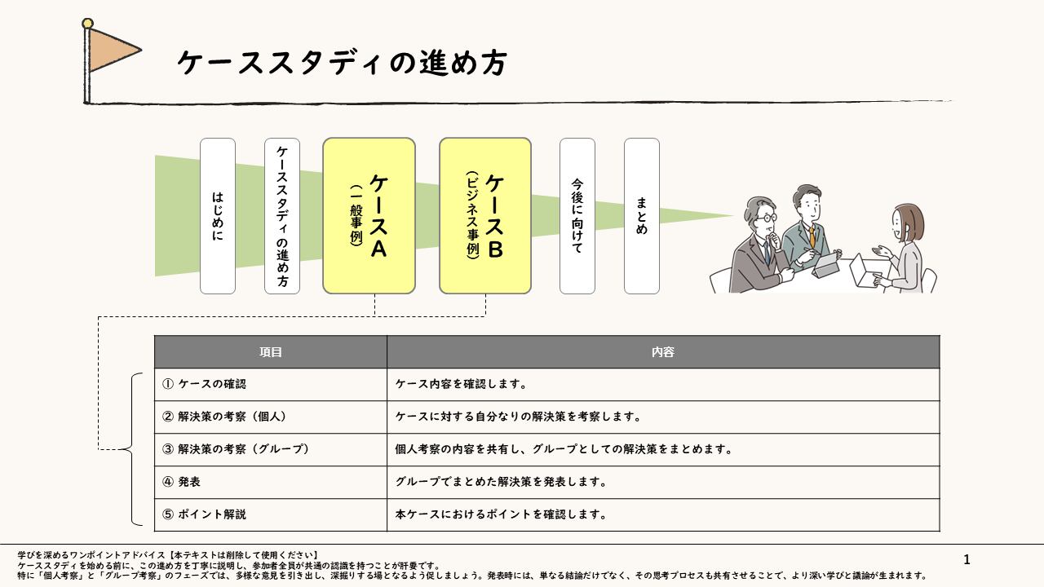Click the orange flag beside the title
(x=112, y=49)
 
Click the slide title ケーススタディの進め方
(x=341, y=63)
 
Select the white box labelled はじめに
(x=218, y=216)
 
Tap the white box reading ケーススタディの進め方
(x=282, y=216)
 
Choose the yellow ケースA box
(x=369, y=216)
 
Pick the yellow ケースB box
(x=485, y=216)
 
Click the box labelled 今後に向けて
(x=577, y=216)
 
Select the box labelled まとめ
(x=642, y=216)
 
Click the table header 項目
(x=271, y=352)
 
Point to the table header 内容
(x=663, y=352)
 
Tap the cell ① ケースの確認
(x=271, y=384)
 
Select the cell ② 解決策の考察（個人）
(x=271, y=417)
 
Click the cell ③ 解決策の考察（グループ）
(x=271, y=449)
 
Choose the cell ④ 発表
(x=271, y=482)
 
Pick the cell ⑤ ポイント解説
(x=271, y=514)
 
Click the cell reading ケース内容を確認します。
(x=663, y=384)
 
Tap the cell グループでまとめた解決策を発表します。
(x=663, y=482)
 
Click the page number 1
(x=967, y=559)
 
